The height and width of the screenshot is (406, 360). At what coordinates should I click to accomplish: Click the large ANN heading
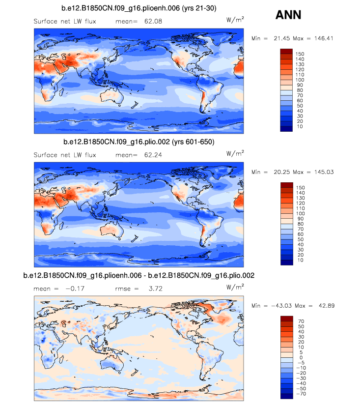pos(288,15)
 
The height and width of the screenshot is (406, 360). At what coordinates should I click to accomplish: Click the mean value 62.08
pos(152,21)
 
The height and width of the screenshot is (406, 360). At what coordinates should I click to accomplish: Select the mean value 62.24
pos(152,155)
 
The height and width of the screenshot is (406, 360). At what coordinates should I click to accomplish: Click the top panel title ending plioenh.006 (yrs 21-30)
pos(139,8)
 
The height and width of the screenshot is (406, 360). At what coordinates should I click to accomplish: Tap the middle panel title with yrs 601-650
pos(139,142)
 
